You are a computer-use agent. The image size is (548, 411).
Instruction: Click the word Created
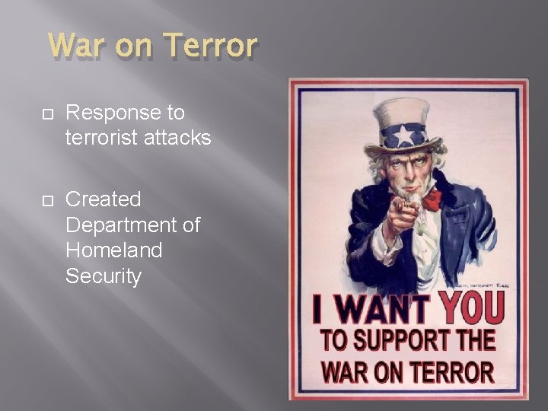pos(104,199)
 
